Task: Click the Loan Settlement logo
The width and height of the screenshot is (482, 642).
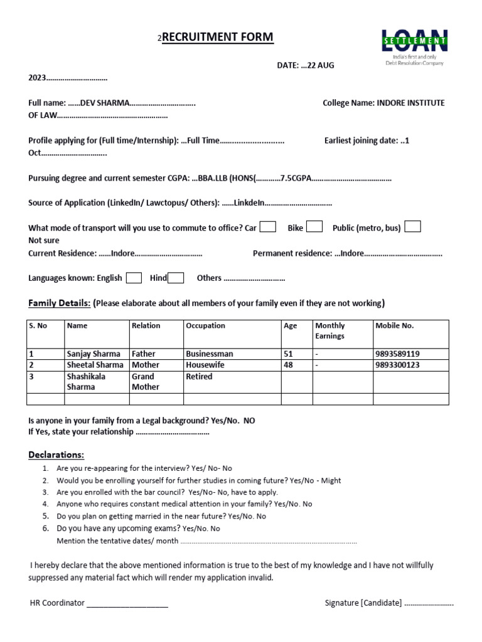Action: [415, 46]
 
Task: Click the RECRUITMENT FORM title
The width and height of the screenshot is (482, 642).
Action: [218, 38]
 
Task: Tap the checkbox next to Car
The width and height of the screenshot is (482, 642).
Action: [268, 227]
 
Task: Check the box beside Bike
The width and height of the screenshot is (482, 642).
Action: [314, 227]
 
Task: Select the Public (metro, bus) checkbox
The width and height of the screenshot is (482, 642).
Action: [413, 227]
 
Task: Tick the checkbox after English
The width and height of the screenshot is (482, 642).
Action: [134, 278]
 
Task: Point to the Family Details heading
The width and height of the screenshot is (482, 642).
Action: [59, 303]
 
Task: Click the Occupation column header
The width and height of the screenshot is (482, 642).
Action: [205, 326]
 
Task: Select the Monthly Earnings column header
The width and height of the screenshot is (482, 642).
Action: [330, 330]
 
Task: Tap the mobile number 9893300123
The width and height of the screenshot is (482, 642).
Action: [397, 365]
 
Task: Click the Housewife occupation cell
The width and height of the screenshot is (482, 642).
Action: [204, 365]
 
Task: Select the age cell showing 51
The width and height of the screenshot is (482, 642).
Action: [289, 354]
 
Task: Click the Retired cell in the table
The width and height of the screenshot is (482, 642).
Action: [199, 377]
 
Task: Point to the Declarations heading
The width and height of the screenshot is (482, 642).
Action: [56, 455]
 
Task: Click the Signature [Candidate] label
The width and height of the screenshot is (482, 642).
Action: [363, 603]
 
